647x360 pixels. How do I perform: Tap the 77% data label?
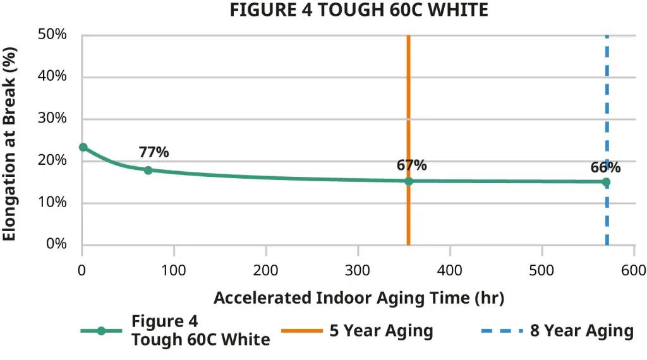point(154,152)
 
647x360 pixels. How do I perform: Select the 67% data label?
point(411,165)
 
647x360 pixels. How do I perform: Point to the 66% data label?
point(605,167)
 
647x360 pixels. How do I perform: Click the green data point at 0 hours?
point(83,147)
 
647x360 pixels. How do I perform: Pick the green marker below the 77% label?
point(148,170)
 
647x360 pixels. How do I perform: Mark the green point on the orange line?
point(409,181)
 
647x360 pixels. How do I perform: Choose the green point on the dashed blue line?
point(607,182)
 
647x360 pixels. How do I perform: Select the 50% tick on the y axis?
point(53,35)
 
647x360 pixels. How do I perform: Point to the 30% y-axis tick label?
point(53,119)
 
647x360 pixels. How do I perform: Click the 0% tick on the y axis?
point(56,244)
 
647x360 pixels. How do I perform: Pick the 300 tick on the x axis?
point(358,270)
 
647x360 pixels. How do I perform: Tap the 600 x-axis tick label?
point(634,270)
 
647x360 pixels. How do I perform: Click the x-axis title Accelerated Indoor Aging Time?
point(358,298)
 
